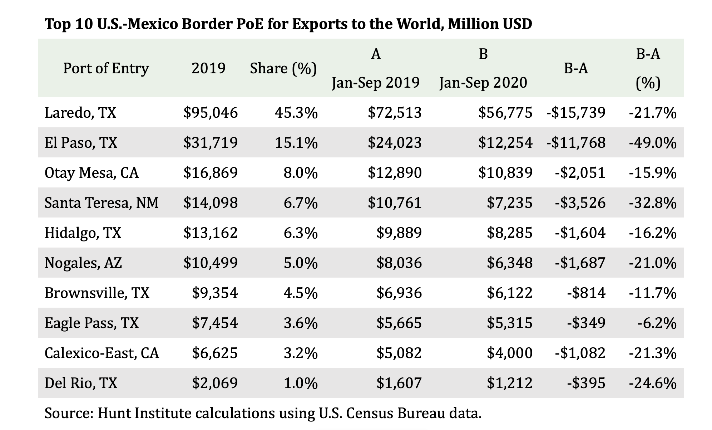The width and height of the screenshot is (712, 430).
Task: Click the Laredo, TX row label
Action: [80, 113]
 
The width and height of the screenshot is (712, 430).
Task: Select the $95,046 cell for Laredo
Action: [211, 113]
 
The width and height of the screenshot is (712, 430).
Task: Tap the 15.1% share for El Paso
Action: [296, 143]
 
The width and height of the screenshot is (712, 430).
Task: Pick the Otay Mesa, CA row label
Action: [92, 173]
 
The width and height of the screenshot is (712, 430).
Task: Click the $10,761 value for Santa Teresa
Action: [395, 203]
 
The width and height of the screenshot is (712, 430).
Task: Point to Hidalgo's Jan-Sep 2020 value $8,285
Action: [509, 233]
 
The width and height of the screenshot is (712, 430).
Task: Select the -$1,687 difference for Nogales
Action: [580, 263]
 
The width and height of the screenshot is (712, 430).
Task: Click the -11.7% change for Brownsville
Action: [652, 293]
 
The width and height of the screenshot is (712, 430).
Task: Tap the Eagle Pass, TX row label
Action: [92, 323]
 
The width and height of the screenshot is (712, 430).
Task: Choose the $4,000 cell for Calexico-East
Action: [509, 353]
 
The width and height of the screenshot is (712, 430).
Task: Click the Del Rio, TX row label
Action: [81, 383]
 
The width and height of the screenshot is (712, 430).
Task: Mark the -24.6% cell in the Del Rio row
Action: [652, 383]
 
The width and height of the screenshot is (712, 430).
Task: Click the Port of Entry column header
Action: [106, 68]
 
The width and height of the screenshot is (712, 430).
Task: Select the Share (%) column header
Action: [283, 68]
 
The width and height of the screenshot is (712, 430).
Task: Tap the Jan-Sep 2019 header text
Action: [376, 83]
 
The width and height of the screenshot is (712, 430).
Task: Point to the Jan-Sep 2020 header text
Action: [483, 83]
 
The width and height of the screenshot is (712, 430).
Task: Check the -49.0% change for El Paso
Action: [652, 143]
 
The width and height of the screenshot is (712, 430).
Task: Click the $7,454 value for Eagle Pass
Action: [215, 323]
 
